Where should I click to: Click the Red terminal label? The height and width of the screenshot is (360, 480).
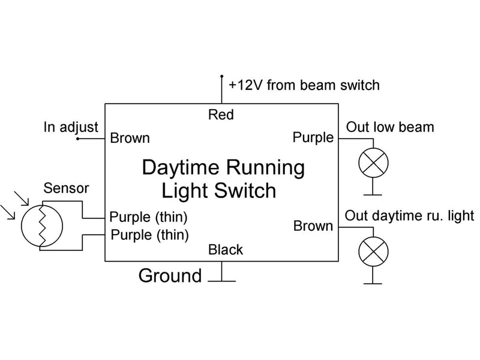(221, 115)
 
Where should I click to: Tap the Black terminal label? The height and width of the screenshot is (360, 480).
(226, 250)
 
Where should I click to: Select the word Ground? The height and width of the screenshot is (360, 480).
(170, 276)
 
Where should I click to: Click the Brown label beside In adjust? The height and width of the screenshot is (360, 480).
(130, 139)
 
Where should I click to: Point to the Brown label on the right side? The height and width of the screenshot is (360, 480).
(313, 226)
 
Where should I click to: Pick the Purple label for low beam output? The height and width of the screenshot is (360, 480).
(313, 138)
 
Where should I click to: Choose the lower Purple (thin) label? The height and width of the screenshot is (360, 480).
(149, 234)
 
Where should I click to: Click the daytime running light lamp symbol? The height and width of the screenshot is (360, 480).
(373, 251)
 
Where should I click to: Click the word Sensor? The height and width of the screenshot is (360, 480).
(66, 188)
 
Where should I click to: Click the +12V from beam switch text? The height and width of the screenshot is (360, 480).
(304, 85)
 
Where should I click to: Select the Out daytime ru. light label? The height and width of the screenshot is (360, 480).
(410, 215)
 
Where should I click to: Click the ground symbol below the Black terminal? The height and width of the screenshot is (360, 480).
(222, 279)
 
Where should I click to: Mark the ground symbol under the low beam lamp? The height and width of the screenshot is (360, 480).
(373, 193)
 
